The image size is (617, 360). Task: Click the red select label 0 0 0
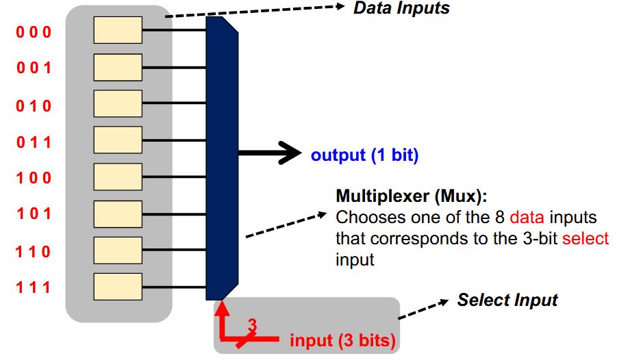[x=33, y=31]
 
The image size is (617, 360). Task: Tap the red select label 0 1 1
[x=33, y=142]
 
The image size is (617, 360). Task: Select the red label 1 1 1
[x=33, y=287]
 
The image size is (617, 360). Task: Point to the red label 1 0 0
[x=33, y=178]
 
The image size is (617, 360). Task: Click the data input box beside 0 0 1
[x=118, y=67]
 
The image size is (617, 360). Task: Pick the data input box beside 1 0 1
[x=118, y=214]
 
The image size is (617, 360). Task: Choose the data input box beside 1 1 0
[x=118, y=250]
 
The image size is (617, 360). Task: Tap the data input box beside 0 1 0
[x=118, y=103]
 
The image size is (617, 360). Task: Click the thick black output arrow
[x=270, y=154]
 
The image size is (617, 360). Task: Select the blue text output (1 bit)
[x=364, y=155]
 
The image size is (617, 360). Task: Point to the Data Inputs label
[x=401, y=8]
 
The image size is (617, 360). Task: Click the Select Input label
[x=507, y=300]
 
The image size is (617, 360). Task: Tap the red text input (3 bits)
[x=342, y=340]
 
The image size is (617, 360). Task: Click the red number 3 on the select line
[x=251, y=325]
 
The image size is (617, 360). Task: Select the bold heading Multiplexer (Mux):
[x=411, y=196]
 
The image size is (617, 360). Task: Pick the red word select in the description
[x=585, y=239]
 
